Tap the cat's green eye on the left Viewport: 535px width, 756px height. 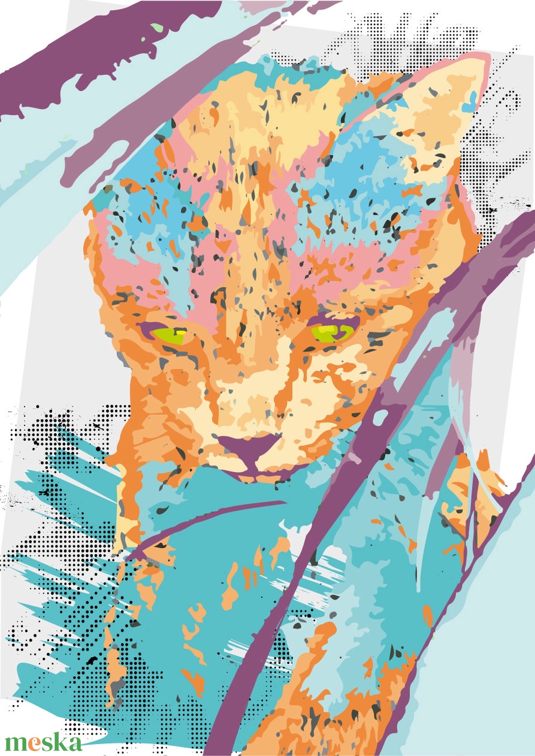tap(168, 334)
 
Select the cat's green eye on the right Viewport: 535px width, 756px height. tap(332, 333)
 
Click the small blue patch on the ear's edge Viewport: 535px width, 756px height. tap(470, 102)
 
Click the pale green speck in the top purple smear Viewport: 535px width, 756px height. tap(157, 28)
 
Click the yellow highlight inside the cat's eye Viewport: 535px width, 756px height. tap(181, 332)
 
